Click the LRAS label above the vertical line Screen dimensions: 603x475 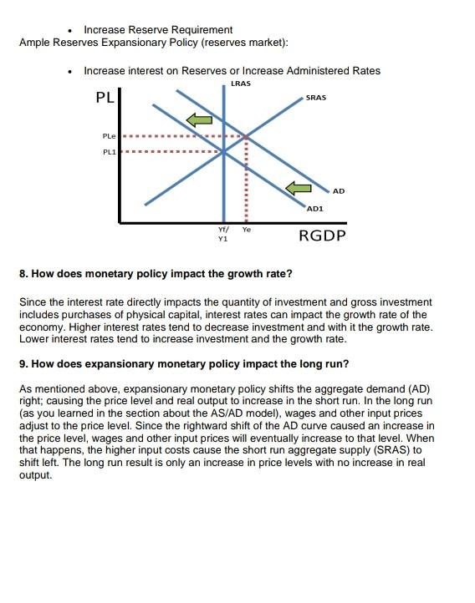coord(240,84)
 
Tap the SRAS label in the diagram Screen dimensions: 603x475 coord(316,98)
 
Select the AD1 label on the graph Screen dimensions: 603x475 coord(314,207)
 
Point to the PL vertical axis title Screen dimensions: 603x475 coord(104,98)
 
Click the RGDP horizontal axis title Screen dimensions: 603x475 coord(322,235)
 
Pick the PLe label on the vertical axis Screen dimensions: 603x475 coord(110,135)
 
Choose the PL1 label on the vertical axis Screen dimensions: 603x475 coord(110,152)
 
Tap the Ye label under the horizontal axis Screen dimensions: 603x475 coord(247,229)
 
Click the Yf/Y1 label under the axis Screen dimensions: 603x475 coord(222,233)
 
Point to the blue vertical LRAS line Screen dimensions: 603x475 coord(223,184)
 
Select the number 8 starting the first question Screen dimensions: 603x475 coord(22,273)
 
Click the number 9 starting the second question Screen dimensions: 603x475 coord(22,364)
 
